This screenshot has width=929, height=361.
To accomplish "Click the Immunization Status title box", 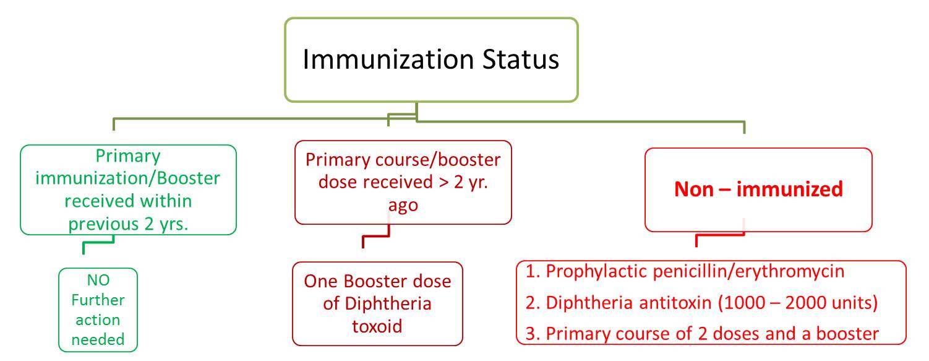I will (431, 59).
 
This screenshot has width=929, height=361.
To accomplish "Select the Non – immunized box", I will (758, 189).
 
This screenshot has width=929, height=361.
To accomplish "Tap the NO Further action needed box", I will (98, 310).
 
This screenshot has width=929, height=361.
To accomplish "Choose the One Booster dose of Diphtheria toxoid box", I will (377, 303).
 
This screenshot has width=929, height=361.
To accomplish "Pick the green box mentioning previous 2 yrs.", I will (128, 189).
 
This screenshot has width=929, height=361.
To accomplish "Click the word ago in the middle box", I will (403, 205).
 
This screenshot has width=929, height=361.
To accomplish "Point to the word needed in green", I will (98, 339).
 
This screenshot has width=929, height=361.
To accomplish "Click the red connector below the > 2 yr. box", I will (375, 235).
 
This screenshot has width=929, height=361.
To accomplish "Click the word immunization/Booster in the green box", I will (128, 178).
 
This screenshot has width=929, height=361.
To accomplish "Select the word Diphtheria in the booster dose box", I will (377, 303).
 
